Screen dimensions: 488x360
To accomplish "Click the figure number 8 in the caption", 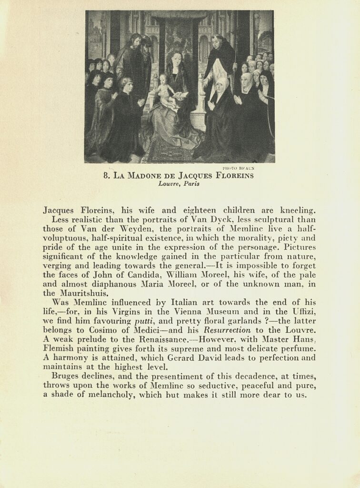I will (x=106, y=175).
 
